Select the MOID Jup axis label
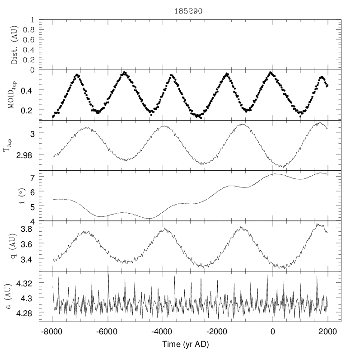[14, 95]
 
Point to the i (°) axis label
[14, 196]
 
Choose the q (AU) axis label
[14, 246]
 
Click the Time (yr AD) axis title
[183, 345]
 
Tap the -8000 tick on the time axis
[53, 331]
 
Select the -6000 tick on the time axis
[108, 331]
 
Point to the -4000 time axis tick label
[163, 331]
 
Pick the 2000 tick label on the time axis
[327, 331]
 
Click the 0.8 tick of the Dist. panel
[28, 30]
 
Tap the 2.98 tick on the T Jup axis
[26, 155]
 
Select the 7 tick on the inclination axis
[33, 178]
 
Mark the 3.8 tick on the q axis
[28, 229]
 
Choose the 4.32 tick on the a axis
[26, 284]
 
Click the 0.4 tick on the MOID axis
[28, 90]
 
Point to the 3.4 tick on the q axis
[28, 260]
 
